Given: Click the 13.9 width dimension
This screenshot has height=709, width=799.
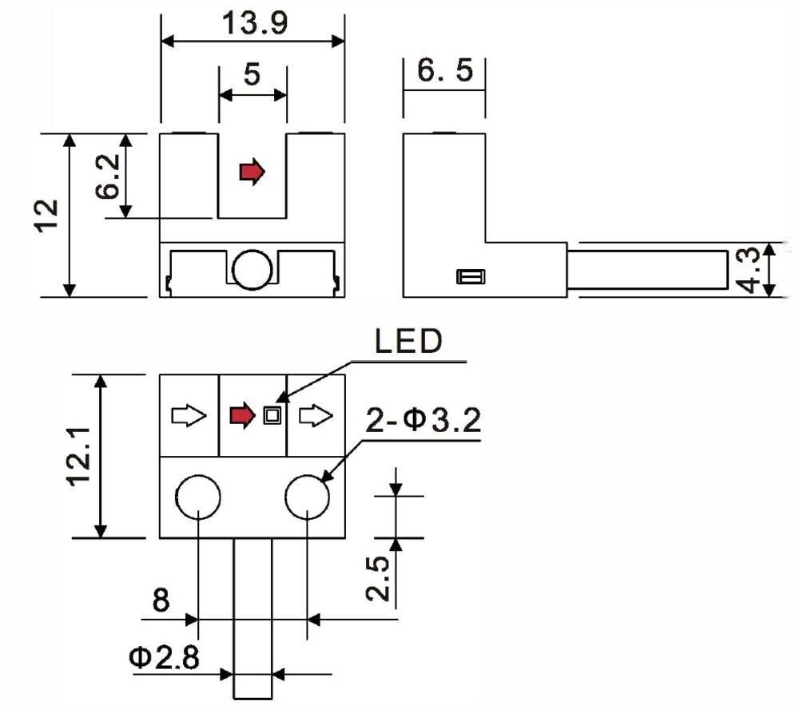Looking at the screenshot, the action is click(x=255, y=23).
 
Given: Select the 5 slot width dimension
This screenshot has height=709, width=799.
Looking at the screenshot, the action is click(x=252, y=74).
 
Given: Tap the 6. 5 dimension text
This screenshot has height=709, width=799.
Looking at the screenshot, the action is click(x=445, y=70).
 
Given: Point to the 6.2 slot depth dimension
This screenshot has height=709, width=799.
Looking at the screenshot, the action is click(x=108, y=176).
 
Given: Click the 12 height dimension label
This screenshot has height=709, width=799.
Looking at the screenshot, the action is click(x=47, y=216).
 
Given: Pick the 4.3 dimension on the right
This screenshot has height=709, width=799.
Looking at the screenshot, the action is click(x=749, y=270).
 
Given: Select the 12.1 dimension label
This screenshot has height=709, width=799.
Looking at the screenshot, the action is click(x=79, y=457).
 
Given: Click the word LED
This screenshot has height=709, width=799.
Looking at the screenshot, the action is click(x=408, y=341).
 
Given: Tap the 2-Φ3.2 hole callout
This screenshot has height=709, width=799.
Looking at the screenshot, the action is click(x=423, y=421).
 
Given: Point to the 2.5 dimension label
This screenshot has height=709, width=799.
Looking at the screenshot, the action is click(x=378, y=578).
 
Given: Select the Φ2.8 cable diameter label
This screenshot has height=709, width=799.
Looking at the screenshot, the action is click(x=164, y=657).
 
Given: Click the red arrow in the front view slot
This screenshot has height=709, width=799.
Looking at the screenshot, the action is click(x=252, y=172).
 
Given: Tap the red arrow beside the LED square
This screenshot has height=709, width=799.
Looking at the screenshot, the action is click(x=243, y=415).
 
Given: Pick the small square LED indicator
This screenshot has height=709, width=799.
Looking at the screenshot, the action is click(x=272, y=415).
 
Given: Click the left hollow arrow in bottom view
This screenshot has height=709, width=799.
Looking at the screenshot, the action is click(x=189, y=416).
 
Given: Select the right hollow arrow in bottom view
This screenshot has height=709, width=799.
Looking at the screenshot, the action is click(x=316, y=416).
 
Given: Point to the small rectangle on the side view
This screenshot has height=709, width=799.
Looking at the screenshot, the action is click(x=471, y=276).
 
